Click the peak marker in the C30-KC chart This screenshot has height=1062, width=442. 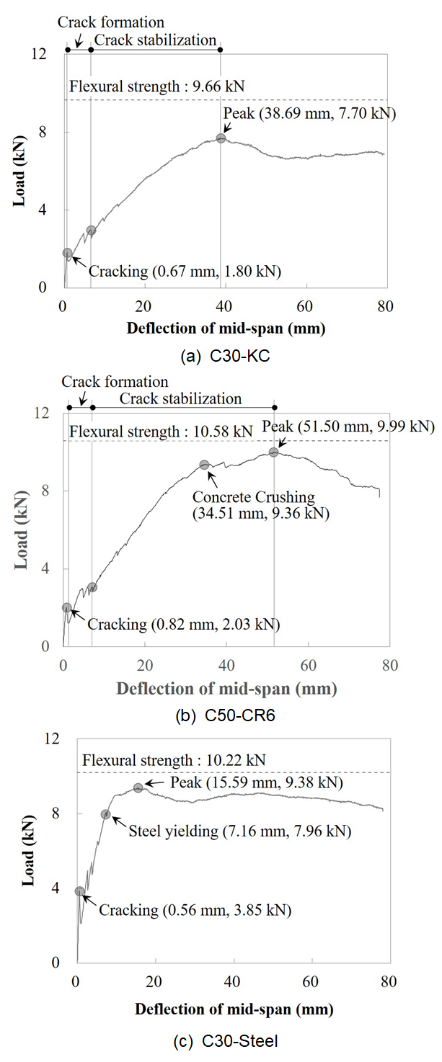tap(221, 138)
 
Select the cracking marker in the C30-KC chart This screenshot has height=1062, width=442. tap(68, 253)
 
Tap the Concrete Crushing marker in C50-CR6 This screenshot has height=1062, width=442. tap(204, 465)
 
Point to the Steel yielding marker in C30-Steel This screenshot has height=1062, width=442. tap(106, 814)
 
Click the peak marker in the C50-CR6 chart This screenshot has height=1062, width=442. tap(273, 452)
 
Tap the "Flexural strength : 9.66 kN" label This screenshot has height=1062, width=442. tap(156, 87)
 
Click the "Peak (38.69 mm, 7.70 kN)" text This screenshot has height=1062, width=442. tap(310, 114)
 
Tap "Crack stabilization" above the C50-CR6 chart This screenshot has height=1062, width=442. tap(181, 398)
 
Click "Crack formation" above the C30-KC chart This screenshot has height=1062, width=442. tap(111, 23)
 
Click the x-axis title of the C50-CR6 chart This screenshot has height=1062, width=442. tap(226, 687)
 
